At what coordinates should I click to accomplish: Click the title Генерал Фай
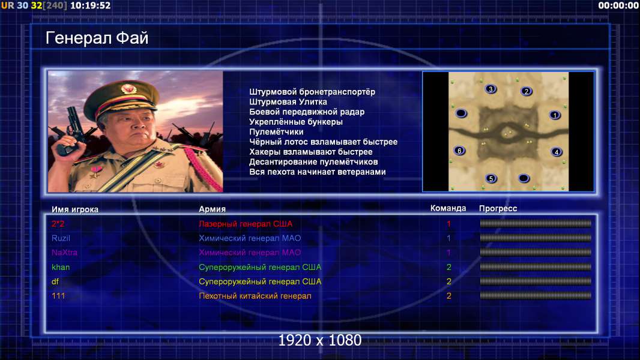coord(97,38)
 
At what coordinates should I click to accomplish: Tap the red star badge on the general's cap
coord(128,88)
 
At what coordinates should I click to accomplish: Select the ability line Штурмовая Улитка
coord(288,102)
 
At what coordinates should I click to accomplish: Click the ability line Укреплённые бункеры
coord(295,122)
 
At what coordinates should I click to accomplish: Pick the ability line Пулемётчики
coord(276,132)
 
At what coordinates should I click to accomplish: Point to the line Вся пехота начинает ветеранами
coord(317,172)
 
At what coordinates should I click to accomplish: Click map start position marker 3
coord(491,89)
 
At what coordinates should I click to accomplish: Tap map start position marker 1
coord(555,115)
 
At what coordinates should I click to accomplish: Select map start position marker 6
coord(459,151)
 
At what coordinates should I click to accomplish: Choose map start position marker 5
coord(491,178)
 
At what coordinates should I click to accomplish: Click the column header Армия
coord(212,209)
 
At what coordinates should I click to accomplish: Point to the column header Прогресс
coord(498,208)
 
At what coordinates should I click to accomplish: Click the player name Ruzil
coord(61,238)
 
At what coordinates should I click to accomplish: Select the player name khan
coord(61,267)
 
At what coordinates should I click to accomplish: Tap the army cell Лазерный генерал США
coord(246,224)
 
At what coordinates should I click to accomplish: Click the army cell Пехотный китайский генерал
coord(255,296)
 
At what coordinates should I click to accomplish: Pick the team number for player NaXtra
coord(448,253)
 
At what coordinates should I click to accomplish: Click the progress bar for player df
coord(535,281)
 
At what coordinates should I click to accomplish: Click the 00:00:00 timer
coord(618,5)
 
